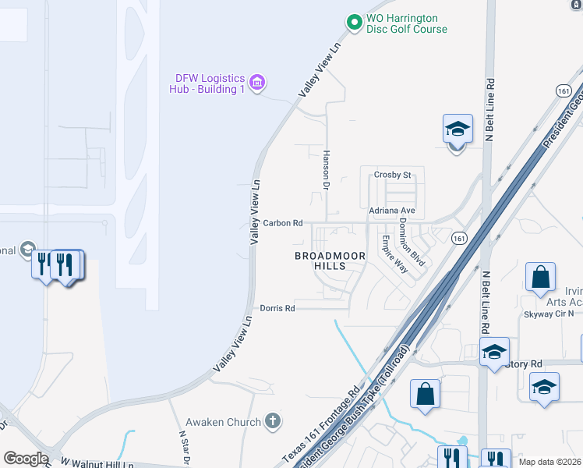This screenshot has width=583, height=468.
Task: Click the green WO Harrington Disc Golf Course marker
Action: pyautogui.click(x=355, y=23)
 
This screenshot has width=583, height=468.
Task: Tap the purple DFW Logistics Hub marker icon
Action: pyautogui.click(x=257, y=82)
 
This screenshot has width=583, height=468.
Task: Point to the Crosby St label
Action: pyautogui.click(x=392, y=175)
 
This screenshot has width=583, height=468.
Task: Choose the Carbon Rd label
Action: pyautogui.click(x=282, y=223)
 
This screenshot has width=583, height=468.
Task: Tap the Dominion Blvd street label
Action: pyautogui.click(x=411, y=242)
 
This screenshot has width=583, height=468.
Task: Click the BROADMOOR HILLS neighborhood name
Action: pyautogui.click(x=320, y=261)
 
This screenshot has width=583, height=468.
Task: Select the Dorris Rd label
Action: pyautogui.click(x=277, y=308)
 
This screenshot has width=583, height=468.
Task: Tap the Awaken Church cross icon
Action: pyautogui.click(x=272, y=422)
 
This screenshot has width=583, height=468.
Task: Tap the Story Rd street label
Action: pyautogui.click(x=524, y=364)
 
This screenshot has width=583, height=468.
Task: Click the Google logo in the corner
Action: pyautogui.click(x=26, y=459)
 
